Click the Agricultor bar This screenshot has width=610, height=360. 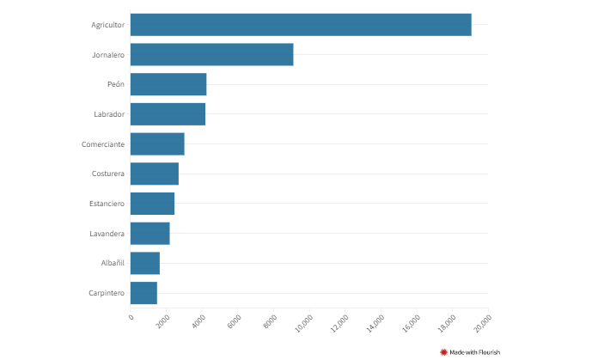[301, 25]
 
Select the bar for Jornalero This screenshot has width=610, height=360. [211, 55]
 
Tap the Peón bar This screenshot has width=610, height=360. [168, 84]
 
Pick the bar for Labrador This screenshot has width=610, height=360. [168, 114]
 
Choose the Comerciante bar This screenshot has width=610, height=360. [157, 144]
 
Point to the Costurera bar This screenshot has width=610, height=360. [155, 174]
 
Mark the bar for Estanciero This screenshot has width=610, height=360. [152, 204]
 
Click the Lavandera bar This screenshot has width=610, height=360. [149, 234]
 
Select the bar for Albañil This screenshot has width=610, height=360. [145, 263]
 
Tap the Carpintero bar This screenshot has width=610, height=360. [143, 293]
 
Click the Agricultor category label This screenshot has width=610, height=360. [108, 25]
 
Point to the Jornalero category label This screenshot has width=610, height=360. [108, 55]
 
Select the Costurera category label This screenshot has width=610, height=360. [108, 174]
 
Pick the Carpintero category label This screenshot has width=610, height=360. [107, 293]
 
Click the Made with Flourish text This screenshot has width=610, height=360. [474, 351]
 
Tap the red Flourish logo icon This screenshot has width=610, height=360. [444, 351]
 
